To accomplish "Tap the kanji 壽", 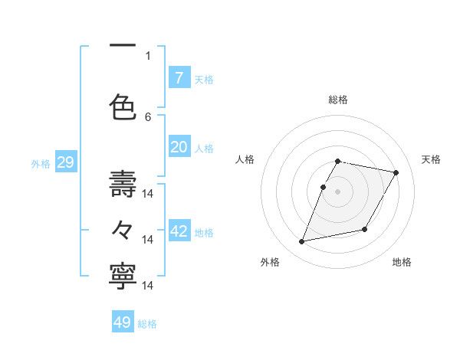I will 123,184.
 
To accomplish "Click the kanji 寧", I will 123,277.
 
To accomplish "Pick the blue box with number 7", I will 179,77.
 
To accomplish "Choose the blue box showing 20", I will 179,148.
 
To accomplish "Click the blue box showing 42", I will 179,231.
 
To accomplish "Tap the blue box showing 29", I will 65,162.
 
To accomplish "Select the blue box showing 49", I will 123,322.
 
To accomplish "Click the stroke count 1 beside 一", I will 148,55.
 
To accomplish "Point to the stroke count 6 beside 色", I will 148,116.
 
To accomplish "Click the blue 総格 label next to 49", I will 147,324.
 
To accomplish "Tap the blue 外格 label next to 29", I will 41,164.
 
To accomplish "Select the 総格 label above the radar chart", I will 337,100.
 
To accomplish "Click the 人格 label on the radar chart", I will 245,159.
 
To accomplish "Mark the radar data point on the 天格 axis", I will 396,173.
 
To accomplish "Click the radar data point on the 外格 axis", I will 302,242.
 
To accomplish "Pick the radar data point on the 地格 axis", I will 365,230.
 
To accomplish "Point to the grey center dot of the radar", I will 337,191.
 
